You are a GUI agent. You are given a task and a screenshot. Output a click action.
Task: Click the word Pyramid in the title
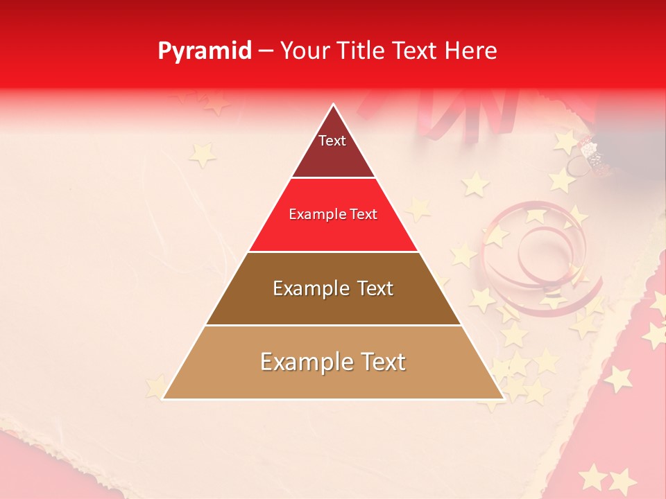205,51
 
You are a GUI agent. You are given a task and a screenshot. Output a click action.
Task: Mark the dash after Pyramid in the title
266,51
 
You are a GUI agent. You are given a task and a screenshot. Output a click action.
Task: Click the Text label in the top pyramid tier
332,141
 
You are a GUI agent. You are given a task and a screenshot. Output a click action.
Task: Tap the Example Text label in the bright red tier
333,214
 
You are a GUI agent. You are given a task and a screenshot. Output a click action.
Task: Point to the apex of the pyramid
333,105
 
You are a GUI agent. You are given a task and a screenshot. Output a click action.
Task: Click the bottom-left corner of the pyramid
163,399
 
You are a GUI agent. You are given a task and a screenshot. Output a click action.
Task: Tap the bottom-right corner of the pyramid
503,399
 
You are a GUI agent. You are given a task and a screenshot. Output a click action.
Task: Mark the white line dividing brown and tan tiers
333,325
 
